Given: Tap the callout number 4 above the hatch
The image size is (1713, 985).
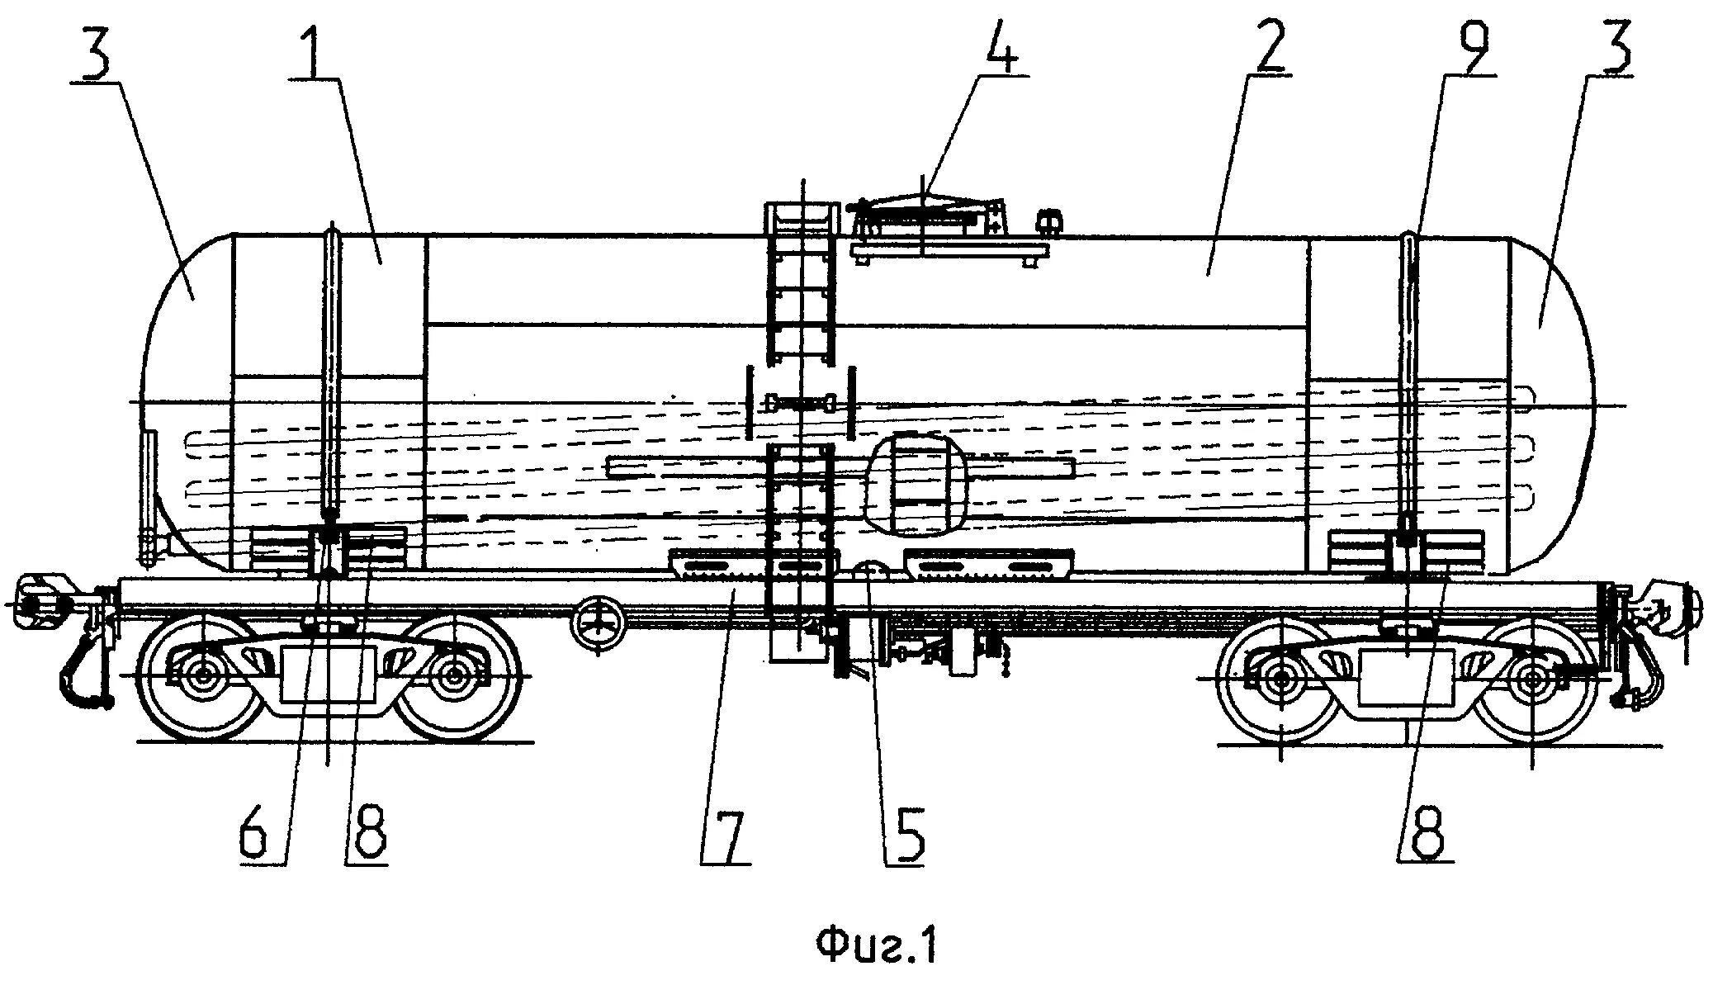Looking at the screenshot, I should [x=999, y=45].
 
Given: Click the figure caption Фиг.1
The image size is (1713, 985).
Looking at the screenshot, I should [x=876, y=946].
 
